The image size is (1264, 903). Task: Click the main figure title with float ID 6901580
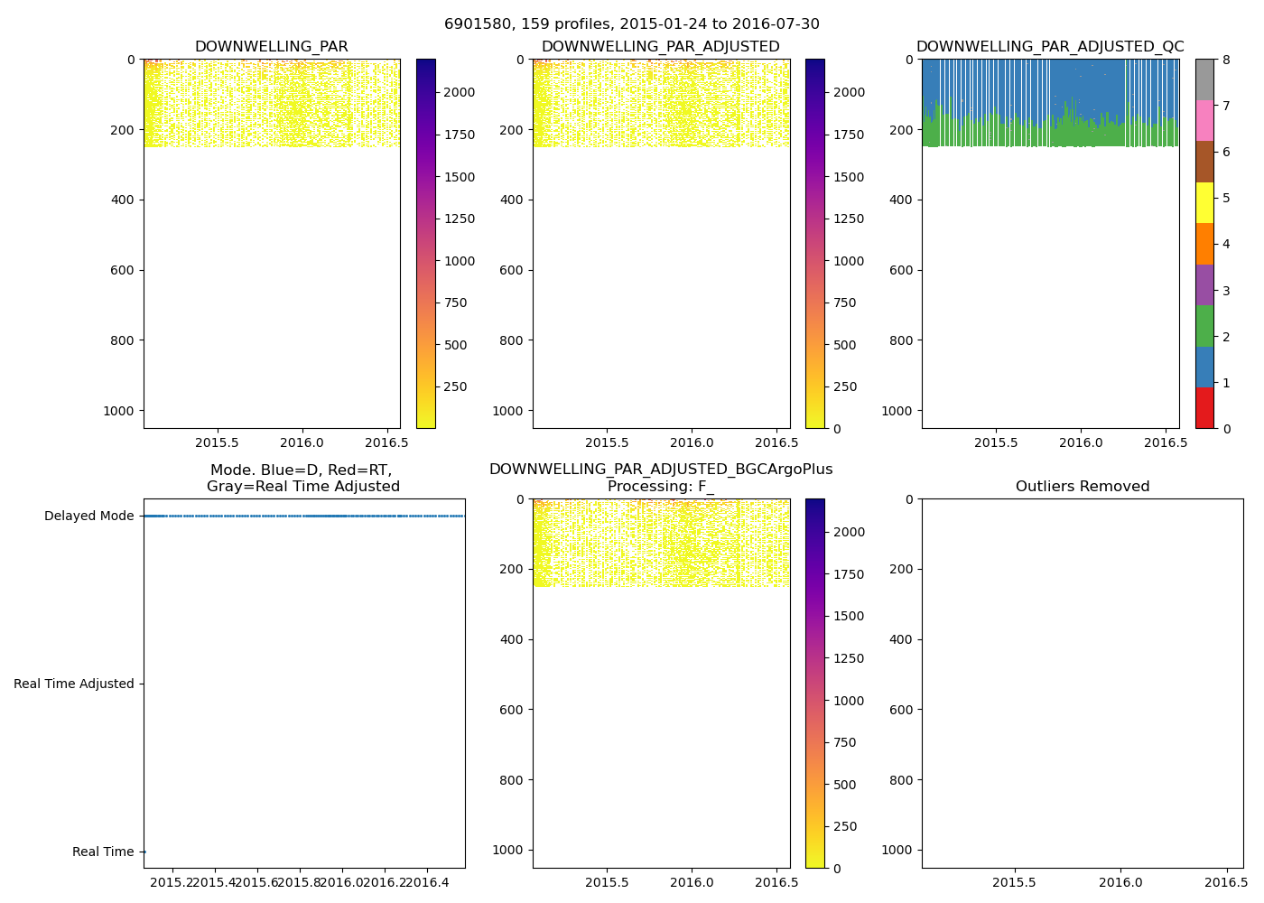tap(631, 24)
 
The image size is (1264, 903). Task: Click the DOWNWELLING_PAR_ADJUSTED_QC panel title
tap(1050, 47)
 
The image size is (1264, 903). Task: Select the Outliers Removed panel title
tap(1082, 487)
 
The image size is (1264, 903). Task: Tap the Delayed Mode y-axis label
tap(88, 517)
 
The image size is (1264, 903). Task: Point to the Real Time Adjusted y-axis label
tap(74, 684)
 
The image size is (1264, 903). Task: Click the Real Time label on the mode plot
tap(103, 852)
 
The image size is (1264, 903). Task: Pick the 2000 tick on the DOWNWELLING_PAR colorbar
tap(460, 92)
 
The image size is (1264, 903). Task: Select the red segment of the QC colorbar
tap(1204, 407)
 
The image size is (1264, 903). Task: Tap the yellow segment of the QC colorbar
tap(1204, 202)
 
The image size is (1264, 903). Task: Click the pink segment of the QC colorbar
tap(1204, 120)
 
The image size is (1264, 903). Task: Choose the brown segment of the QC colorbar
tap(1204, 162)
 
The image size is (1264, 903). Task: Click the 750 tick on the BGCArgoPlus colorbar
tap(845, 743)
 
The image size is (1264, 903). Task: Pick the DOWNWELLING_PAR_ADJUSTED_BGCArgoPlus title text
tap(661, 470)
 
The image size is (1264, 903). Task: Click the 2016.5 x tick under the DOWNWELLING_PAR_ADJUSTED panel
tap(774, 443)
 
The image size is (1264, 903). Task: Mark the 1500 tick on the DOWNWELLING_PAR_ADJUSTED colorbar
tap(849, 177)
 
